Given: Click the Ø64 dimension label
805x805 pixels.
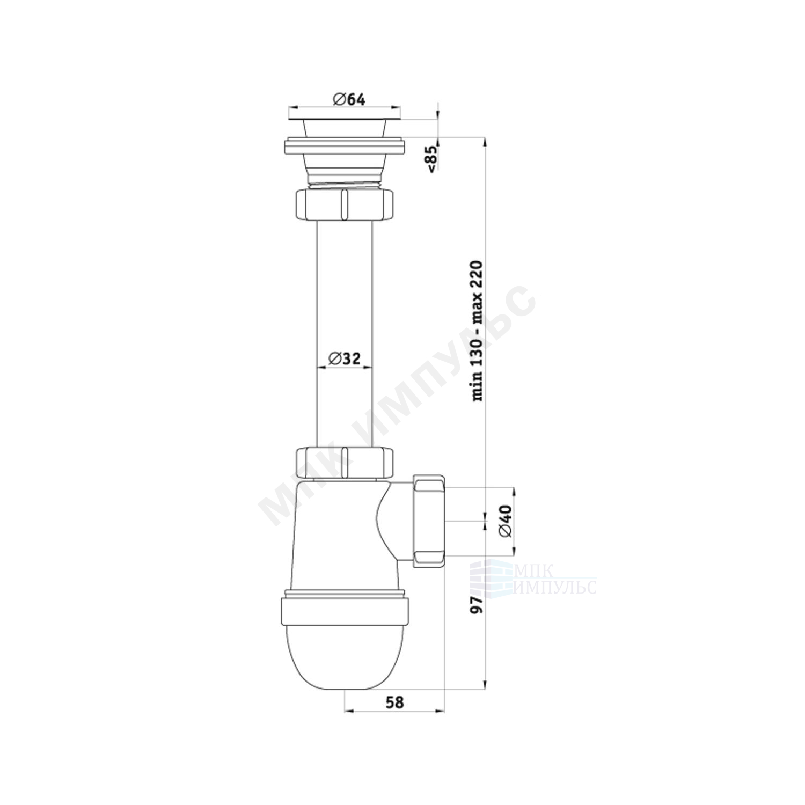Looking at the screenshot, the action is tap(349, 100).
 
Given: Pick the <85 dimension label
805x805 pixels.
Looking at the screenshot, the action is tap(433, 159).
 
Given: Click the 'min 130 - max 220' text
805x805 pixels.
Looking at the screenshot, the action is tap(477, 331).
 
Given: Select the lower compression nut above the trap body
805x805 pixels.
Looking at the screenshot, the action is tap(345, 462).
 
